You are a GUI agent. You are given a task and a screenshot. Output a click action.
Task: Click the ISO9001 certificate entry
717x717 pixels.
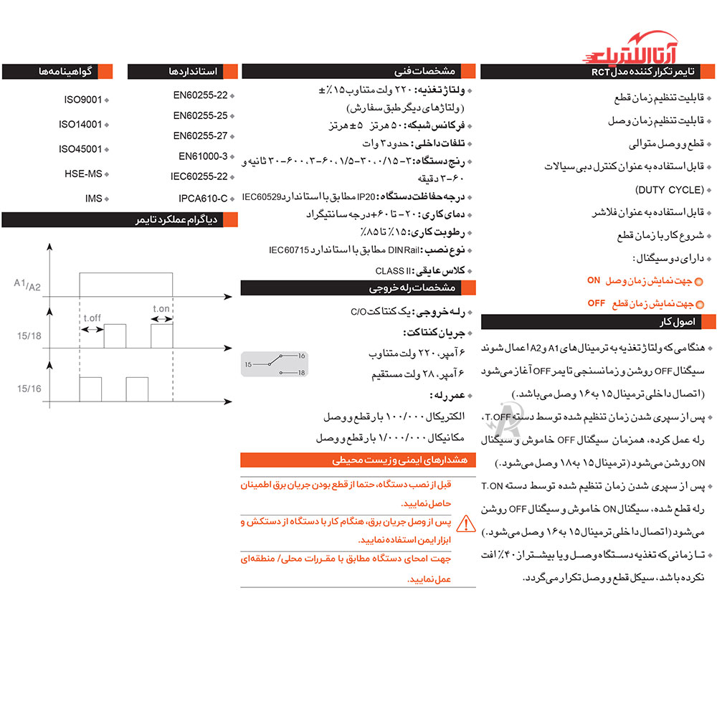(83, 100)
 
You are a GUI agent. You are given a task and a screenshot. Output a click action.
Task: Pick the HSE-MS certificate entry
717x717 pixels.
(83, 174)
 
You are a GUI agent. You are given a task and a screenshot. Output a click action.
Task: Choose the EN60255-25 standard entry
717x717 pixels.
(200, 115)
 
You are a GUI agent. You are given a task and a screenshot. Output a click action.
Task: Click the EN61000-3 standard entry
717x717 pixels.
(203, 156)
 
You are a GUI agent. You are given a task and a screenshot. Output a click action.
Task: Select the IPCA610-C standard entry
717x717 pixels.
(203, 198)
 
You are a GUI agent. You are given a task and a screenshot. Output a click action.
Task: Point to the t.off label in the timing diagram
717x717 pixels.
(92, 318)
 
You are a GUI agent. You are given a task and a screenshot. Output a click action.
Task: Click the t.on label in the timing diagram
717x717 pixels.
(161, 309)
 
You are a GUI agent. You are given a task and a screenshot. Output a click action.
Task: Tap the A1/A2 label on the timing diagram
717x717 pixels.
(27, 284)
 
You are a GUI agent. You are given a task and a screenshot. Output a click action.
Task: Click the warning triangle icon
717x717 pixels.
(466, 524)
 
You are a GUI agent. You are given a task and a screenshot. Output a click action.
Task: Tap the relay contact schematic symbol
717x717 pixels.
(275, 364)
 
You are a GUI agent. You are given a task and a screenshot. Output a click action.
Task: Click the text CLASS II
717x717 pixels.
(391, 271)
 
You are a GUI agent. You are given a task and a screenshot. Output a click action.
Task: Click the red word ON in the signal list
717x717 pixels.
(593, 280)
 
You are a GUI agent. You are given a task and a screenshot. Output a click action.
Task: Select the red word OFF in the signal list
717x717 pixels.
(597, 303)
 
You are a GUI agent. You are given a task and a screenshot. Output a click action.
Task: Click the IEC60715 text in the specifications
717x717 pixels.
(288, 250)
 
